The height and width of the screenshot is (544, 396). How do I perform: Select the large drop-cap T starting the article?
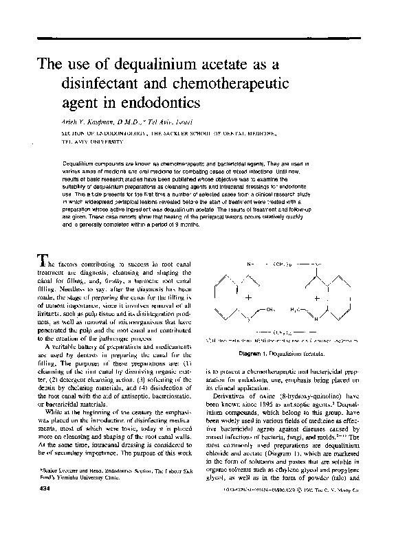[x=42, y=260]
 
